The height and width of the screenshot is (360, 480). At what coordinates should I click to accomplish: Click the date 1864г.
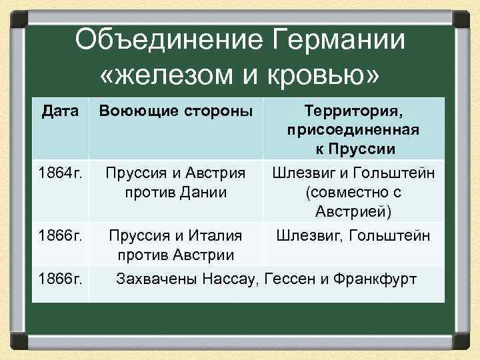pyautogui.click(x=60, y=173)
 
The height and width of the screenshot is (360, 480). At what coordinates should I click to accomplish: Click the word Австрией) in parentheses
pyautogui.click(x=353, y=211)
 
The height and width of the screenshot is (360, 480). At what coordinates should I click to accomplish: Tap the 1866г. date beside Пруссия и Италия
pyautogui.click(x=60, y=236)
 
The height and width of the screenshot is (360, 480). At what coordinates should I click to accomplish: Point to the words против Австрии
pyautogui.click(x=175, y=255)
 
